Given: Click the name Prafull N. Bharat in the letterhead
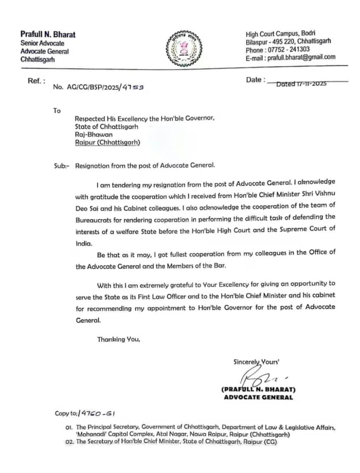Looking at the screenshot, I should (48, 34).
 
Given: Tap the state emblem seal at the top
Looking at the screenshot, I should (184, 49).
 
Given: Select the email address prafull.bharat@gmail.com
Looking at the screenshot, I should (301, 57).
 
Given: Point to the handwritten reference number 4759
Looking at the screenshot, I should (133, 87).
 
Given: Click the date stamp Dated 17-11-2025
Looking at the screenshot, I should (301, 84).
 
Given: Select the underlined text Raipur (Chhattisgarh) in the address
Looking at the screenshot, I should (107, 143).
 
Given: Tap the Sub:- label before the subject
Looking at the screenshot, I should (62, 166).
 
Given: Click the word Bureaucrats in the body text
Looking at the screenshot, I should (95, 220).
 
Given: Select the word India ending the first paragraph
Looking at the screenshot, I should (84, 243).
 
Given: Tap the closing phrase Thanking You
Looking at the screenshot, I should (118, 339).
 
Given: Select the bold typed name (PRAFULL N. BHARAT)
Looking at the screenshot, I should (258, 389).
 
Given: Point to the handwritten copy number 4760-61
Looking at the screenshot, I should (97, 413).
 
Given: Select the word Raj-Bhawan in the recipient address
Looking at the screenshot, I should (94, 135).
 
